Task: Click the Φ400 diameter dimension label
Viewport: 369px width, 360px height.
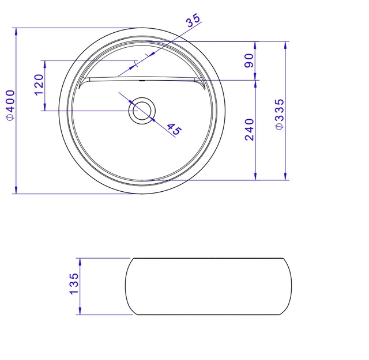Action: [x=11, y=105]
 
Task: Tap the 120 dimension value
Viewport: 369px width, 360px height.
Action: [x=39, y=85]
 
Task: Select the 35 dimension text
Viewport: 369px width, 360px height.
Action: [x=193, y=21]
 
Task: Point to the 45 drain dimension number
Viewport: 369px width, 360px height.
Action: [x=175, y=130]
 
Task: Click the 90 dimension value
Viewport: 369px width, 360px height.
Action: [x=249, y=60]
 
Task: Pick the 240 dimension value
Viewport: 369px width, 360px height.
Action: [x=250, y=130]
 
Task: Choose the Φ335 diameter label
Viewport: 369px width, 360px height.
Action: [x=280, y=114]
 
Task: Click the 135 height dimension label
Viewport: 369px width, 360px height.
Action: [x=74, y=283]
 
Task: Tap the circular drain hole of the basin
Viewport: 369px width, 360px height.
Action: [x=142, y=111]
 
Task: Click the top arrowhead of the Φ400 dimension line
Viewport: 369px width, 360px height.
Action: [x=16, y=32]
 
